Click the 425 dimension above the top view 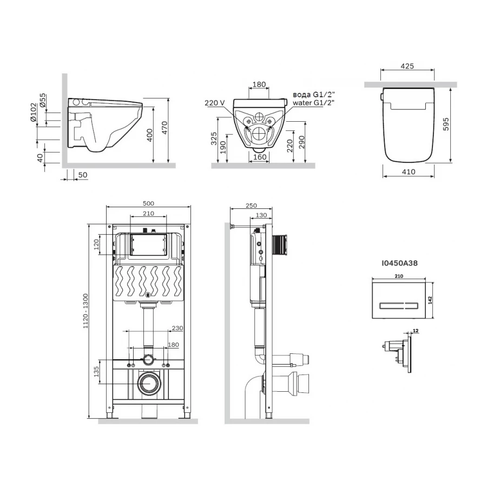pyautogui.click(x=407, y=66)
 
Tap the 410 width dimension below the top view pyautogui.click(x=409, y=172)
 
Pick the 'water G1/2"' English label pyautogui.click(x=313, y=102)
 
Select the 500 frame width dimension pyautogui.click(x=148, y=203)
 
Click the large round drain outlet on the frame pyautogui.click(x=148, y=384)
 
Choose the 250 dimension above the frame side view pyautogui.click(x=251, y=205)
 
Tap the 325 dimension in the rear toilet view pyautogui.click(x=214, y=139)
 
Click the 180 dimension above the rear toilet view pyautogui.click(x=259, y=84)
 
